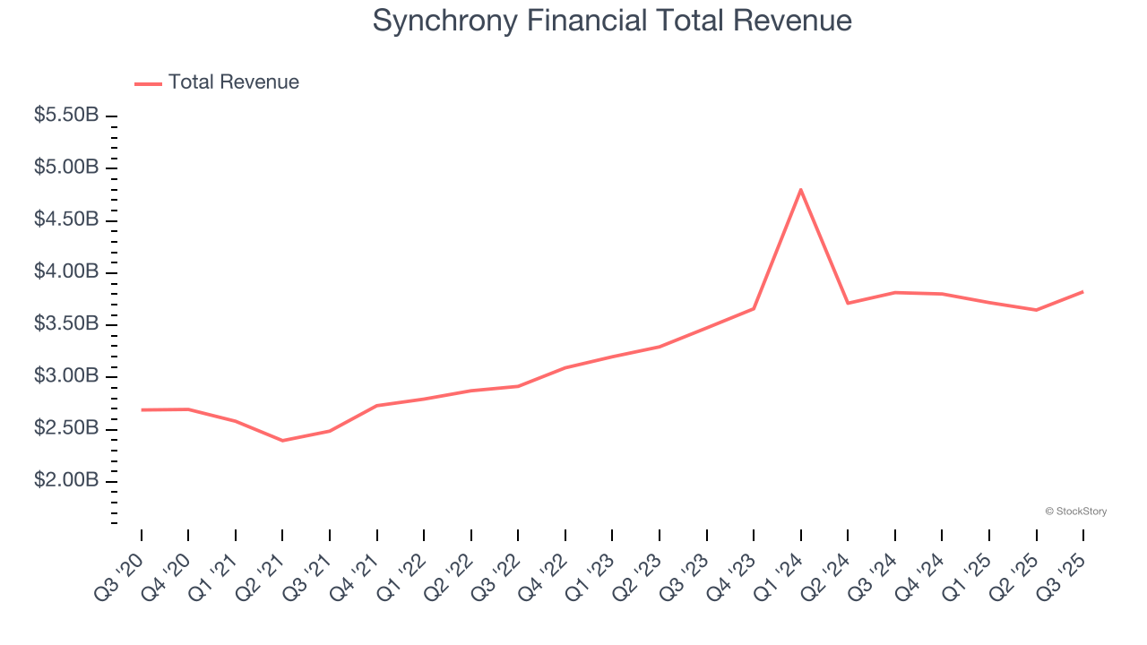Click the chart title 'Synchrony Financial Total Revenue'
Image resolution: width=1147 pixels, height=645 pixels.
[x=612, y=21]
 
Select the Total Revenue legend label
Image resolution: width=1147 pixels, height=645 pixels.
[x=234, y=82]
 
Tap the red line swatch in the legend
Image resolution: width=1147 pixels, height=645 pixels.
[x=148, y=83]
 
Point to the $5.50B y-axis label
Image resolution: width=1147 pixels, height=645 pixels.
[x=66, y=116]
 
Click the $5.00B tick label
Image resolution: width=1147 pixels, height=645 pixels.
[x=66, y=168]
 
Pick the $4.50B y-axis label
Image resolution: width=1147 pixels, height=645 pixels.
[x=66, y=219]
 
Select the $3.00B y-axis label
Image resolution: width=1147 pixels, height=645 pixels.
[x=66, y=376]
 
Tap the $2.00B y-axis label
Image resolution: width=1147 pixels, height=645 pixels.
[x=66, y=481]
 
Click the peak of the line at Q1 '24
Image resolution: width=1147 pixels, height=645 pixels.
[x=800, y=189]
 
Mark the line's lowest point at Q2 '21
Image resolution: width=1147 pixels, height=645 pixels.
[x=282, y=441]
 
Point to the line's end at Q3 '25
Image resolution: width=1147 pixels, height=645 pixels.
[x=1082, y=291]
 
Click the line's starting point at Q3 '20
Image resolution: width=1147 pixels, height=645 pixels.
[x=142, y=409]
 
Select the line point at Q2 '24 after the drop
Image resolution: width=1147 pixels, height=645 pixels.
[x=848, y=303]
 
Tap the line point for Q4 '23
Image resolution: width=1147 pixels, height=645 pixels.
[x=754, y=309]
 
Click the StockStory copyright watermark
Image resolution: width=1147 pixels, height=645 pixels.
[x=1075, y=512]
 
